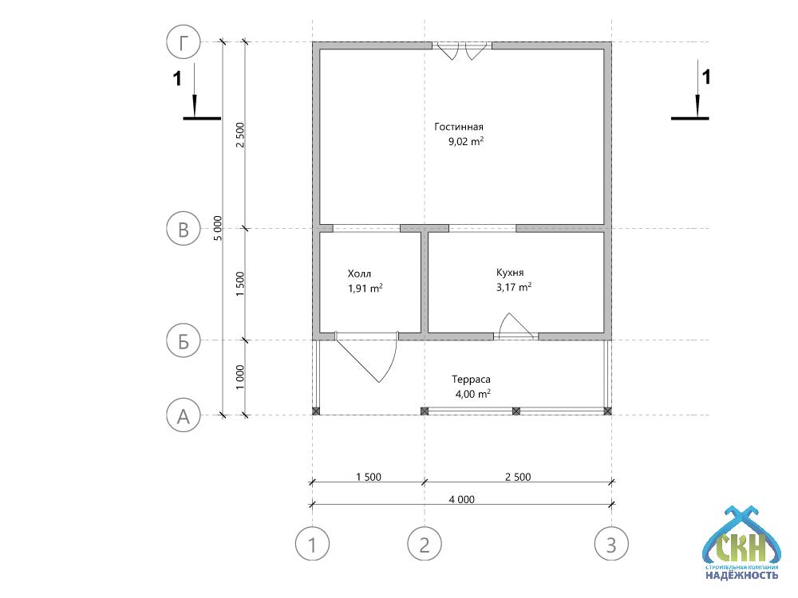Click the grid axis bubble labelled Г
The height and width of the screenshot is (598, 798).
[184, 42]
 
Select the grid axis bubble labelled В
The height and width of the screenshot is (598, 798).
[184, 228]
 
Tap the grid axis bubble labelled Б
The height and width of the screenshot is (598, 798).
[184, 340]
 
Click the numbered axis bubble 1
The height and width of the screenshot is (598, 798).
[313, 544]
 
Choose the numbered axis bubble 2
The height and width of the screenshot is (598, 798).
[425, 544]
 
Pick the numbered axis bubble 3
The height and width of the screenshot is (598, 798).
[611, 544]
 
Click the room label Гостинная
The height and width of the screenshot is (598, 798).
[459, 127]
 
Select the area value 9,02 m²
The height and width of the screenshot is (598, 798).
[466, 141]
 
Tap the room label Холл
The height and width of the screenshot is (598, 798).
[359, 273]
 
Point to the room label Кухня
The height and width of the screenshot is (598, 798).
[510, 273]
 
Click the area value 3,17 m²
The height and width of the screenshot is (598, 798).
[514, 287]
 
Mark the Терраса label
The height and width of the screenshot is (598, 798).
[472, 380]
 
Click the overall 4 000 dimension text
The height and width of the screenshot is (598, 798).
[461, 499]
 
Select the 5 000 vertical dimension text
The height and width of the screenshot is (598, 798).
[218, 228]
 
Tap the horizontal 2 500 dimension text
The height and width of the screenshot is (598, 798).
[518, 477]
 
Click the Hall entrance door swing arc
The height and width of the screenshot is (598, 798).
[392, 361]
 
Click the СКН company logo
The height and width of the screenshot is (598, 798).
[741, 542]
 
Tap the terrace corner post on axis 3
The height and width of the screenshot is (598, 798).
[607, 411]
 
